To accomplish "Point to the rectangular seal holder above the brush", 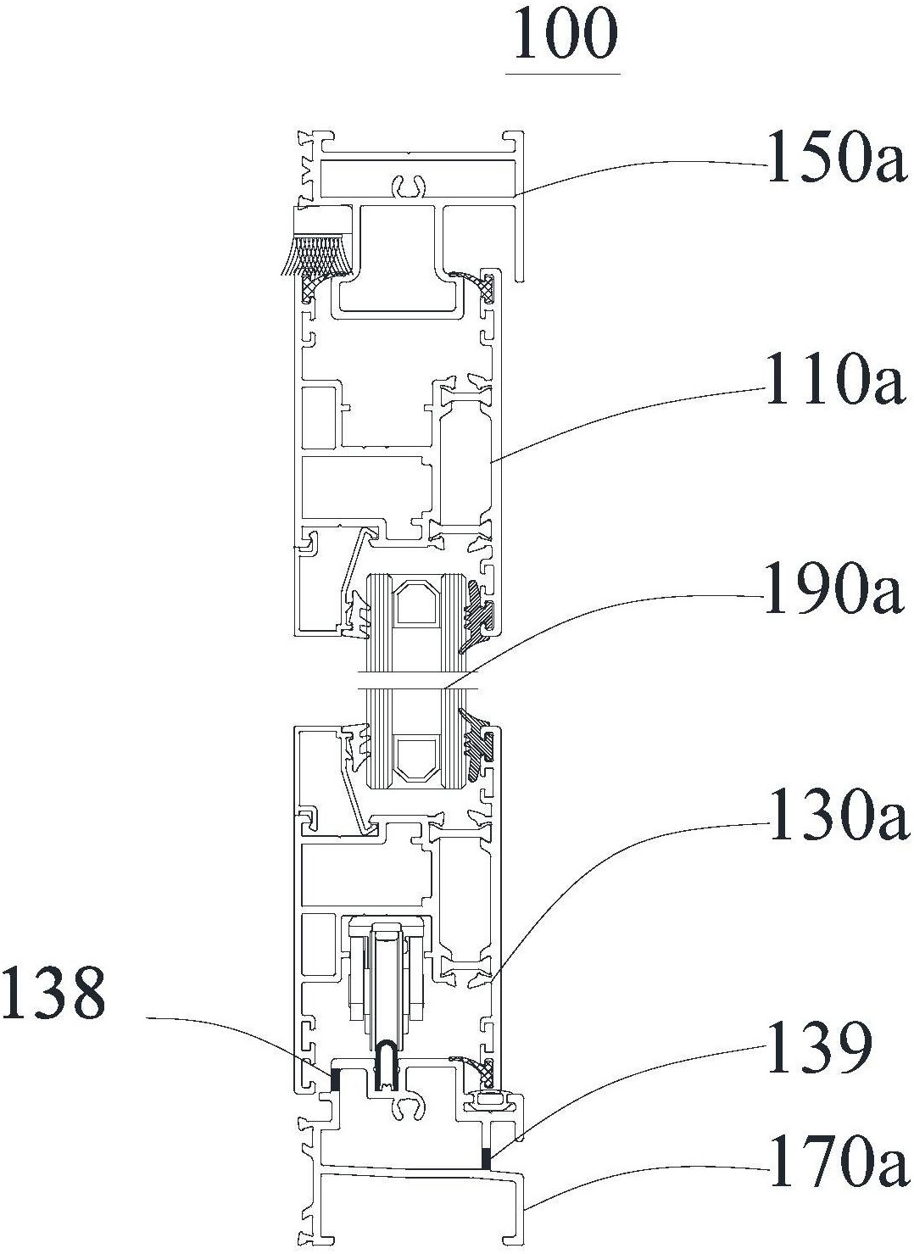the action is click(322, 220).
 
